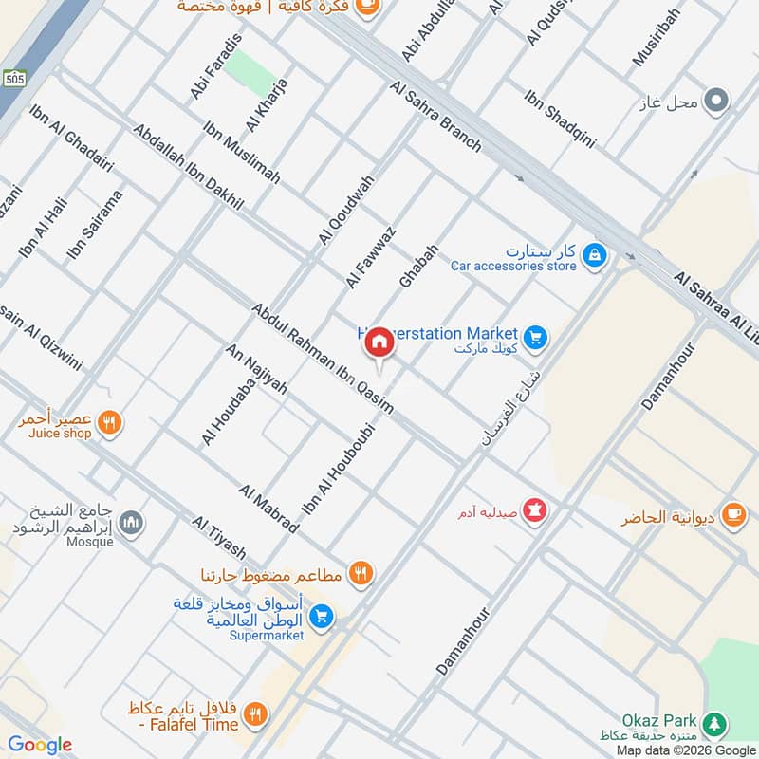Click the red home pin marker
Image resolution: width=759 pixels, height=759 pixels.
[x=379, y=342]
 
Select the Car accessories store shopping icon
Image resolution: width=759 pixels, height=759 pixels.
[x=594, y=255]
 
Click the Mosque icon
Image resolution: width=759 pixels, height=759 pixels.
[x=132, y=522]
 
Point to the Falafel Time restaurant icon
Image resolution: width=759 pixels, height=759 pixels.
[x=255, y=714]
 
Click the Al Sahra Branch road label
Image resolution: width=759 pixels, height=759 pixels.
[x=435, y=117]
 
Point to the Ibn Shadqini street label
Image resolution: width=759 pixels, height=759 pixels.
[x=560, y=120]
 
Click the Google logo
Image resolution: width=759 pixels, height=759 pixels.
[x=40, y=745]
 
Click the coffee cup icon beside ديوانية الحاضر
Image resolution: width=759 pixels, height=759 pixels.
[x=733, y=513]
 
